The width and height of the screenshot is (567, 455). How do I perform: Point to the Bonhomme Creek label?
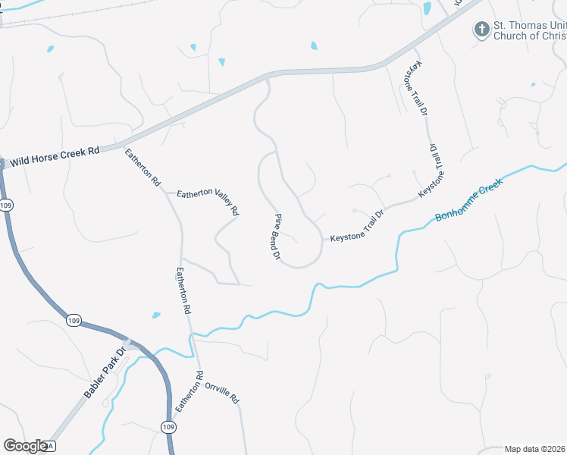point(469,201)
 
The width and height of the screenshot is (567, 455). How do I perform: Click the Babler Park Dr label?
point(105,377)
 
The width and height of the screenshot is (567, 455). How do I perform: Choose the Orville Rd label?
point(222,391)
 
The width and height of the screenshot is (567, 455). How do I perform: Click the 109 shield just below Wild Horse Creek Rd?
point(6,205)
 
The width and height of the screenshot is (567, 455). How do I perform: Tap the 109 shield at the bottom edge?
point(168,428)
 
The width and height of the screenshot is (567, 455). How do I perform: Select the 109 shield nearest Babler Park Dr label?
point(73,321)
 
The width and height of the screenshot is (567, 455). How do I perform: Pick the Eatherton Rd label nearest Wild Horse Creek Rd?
point(143,168)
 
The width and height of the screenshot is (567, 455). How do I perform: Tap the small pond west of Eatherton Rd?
point(156,315)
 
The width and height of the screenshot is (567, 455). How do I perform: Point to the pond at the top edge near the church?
point(428,8)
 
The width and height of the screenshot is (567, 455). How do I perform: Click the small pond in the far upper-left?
point(50,49)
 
